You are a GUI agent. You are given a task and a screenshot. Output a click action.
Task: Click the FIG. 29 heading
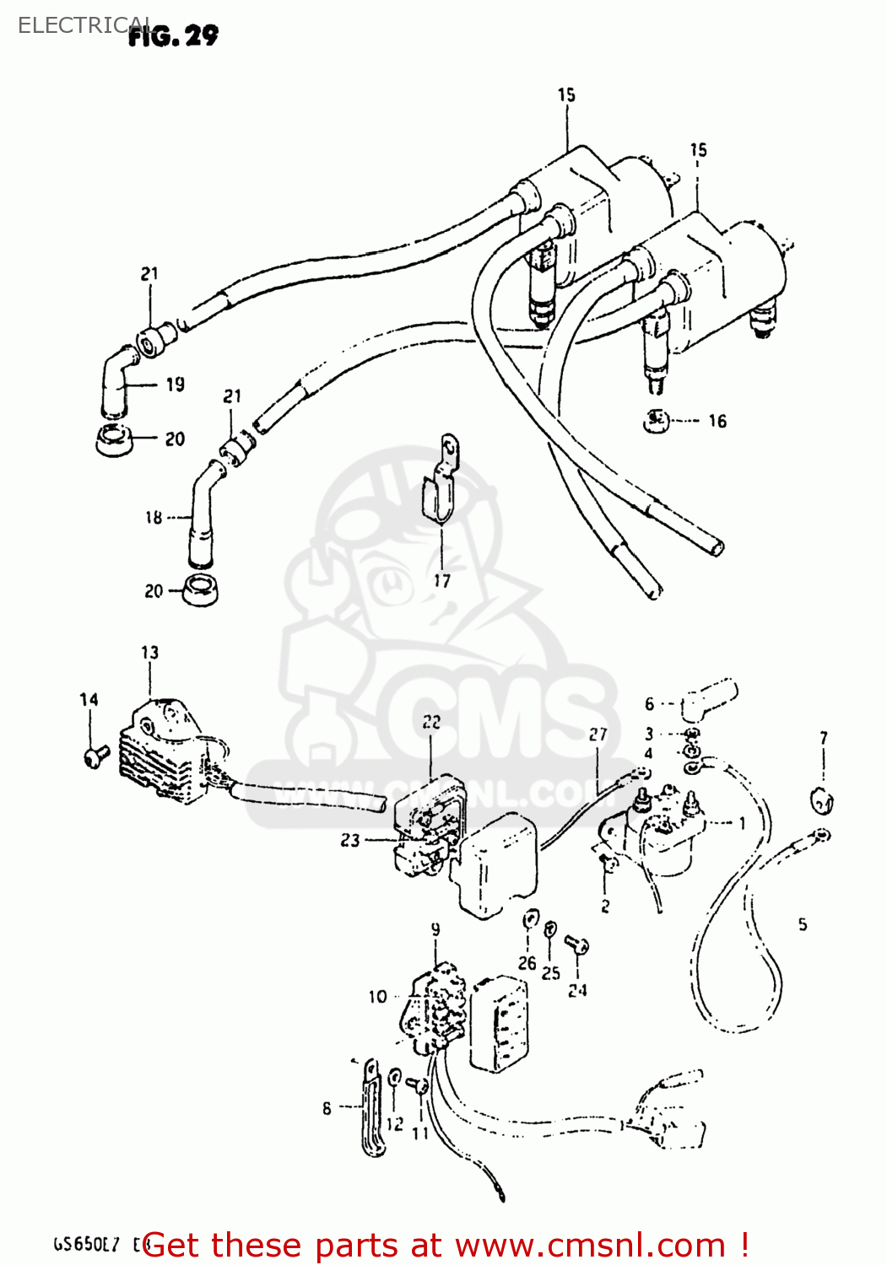(173, 35)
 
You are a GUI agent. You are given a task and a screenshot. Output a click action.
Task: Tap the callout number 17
(442, 580)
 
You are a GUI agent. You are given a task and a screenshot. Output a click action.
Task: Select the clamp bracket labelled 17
(440, 486)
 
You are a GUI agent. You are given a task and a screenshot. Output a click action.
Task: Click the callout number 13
(149, 653)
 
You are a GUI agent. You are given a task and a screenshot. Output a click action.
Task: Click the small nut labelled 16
(655, 420)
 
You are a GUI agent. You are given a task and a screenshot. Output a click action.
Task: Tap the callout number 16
(717, 421)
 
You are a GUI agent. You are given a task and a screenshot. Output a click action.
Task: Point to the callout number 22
(431, 722)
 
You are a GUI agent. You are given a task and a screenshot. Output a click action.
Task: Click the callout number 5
(803, 924)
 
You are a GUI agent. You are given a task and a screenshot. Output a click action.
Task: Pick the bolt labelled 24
(577, 945)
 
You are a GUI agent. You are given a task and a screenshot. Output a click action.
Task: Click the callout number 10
(377, 997)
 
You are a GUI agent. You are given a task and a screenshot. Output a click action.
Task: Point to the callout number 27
(598, 735)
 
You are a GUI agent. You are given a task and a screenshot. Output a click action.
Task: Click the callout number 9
(435, 929)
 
